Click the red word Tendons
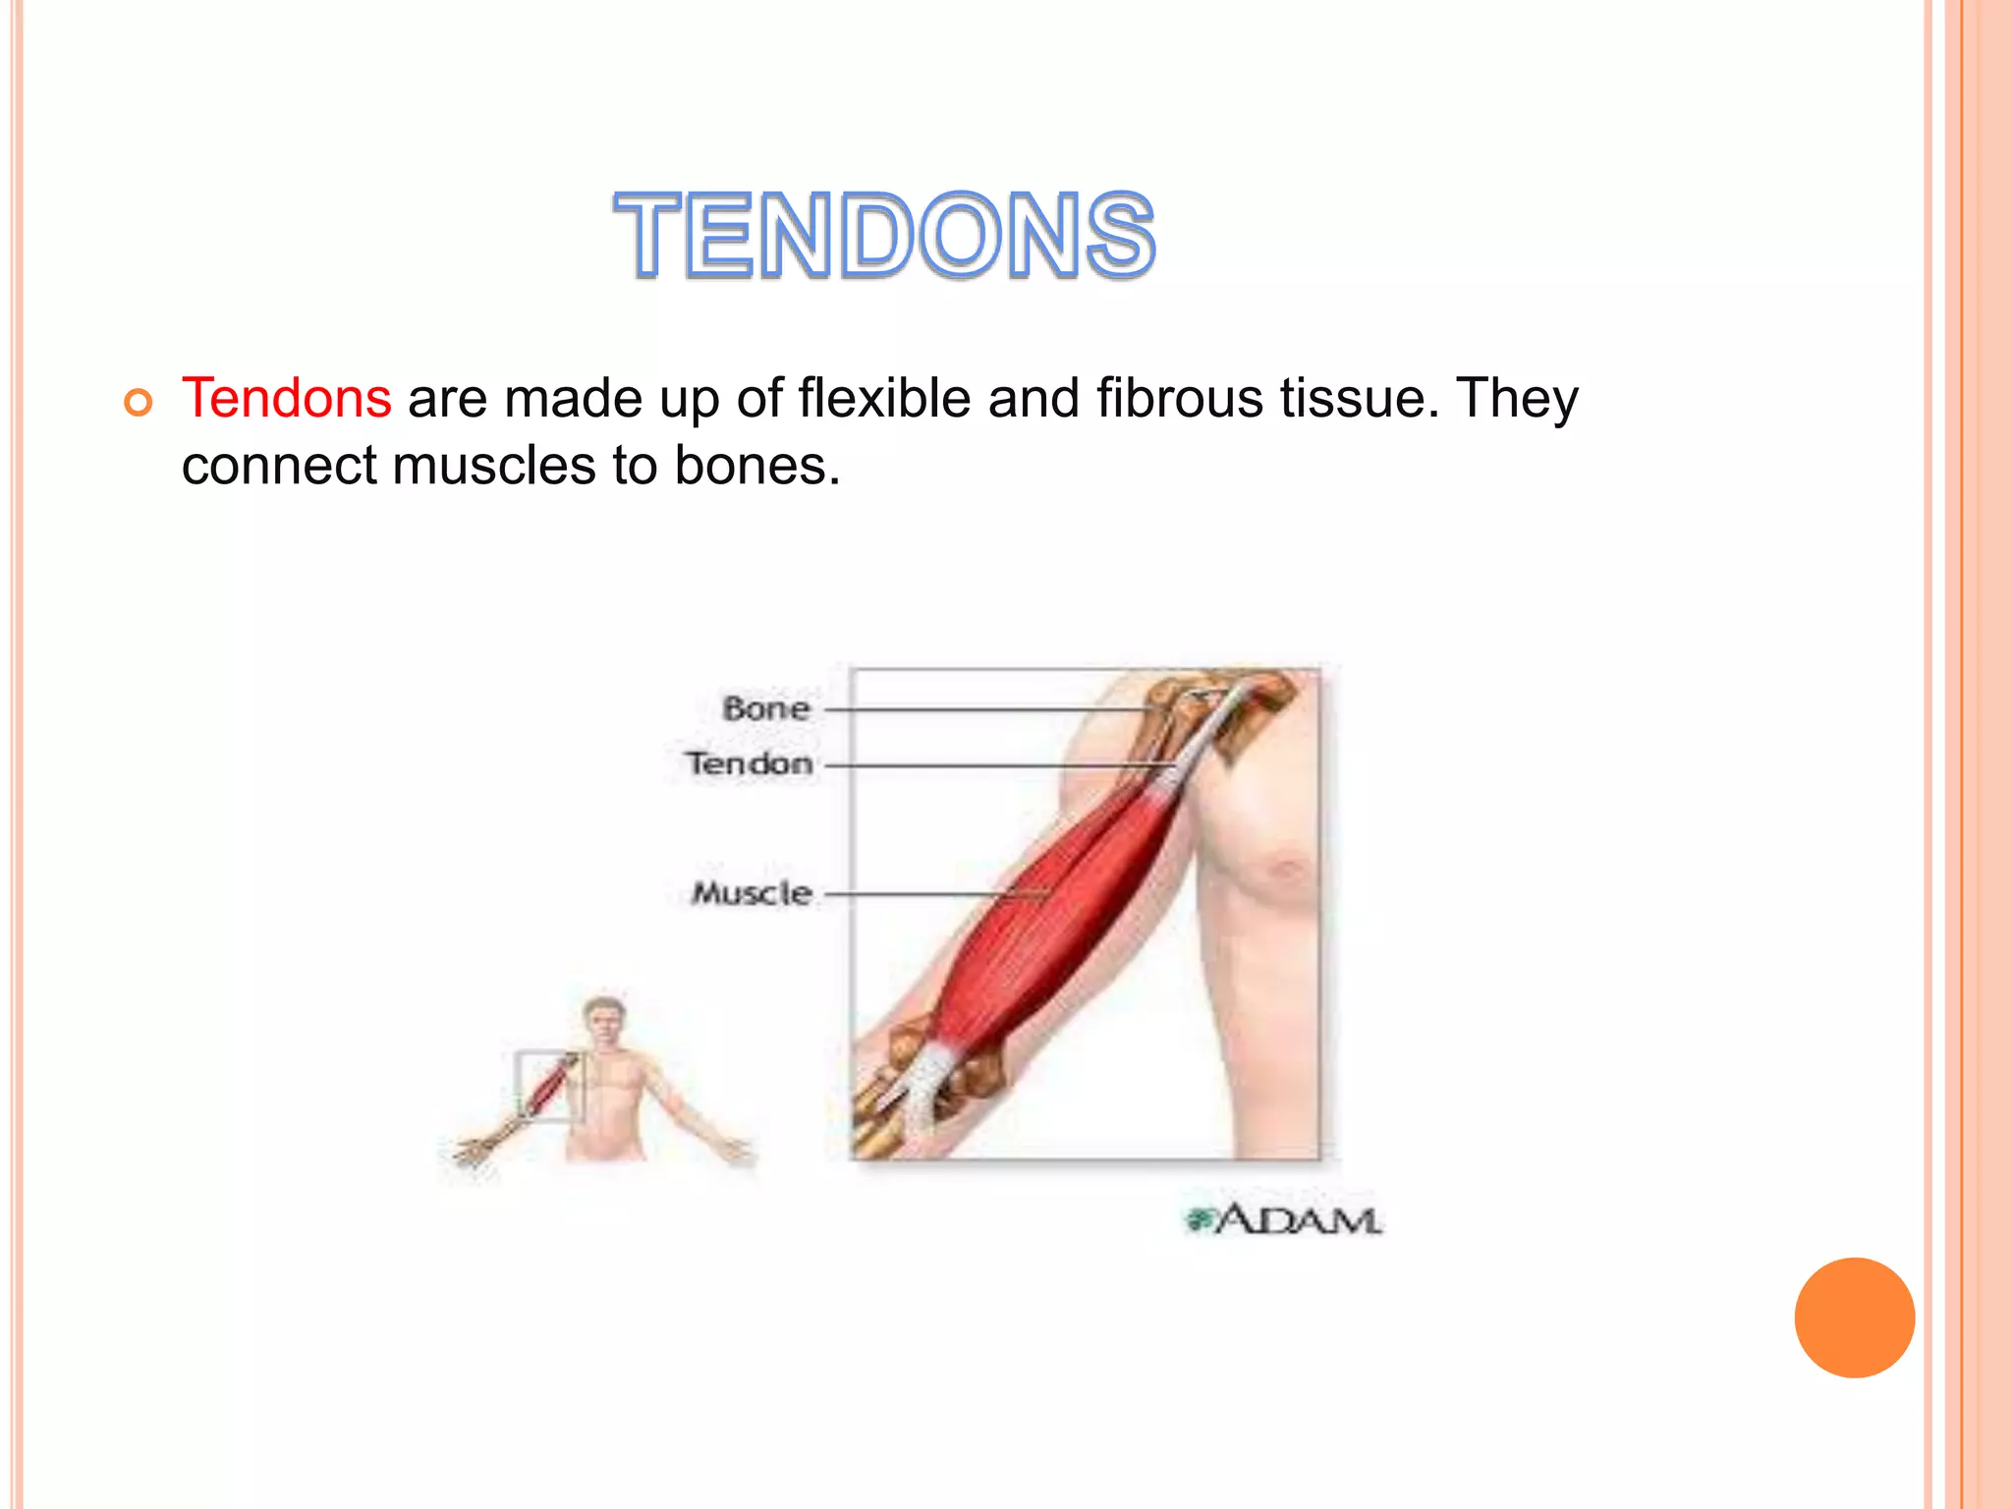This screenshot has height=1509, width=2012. pyautogui.click(x=287, y=399)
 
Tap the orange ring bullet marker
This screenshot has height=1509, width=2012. pyautogui.click(x=139, y=403)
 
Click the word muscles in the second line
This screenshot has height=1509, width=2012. pyautogui.click(x=494, y=465)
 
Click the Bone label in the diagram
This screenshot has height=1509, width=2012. pyautogui.click(x=766, y=708)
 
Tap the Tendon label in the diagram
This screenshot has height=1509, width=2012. pyautogui.click(x=750, y=763)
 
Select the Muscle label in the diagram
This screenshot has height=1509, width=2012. pyautogui.click(x=752, y=893)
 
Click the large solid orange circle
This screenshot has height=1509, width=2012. pyautogui.click(x=1854, y=1317)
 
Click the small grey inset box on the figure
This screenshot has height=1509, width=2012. pyautogui.click(x=548, y=1086)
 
